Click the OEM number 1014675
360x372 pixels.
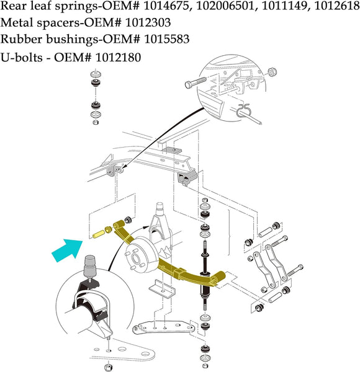(x=168, y=6)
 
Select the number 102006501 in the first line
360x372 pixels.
(x=225, y=6)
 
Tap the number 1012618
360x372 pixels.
(x=337, y=6)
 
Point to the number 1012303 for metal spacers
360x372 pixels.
(x=148, y=23)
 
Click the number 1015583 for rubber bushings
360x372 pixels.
(x=167, y=39)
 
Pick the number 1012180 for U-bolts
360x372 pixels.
(x=118, y=58)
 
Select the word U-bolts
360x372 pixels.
(x=22, y=58)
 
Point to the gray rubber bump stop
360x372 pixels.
(x=91, y=266)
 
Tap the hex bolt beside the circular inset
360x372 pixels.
(x=196, y=82)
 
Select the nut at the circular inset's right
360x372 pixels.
(x=272, y=72)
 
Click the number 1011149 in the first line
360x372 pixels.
(x=284, y=6)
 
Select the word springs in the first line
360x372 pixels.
(x=76, y=6)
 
